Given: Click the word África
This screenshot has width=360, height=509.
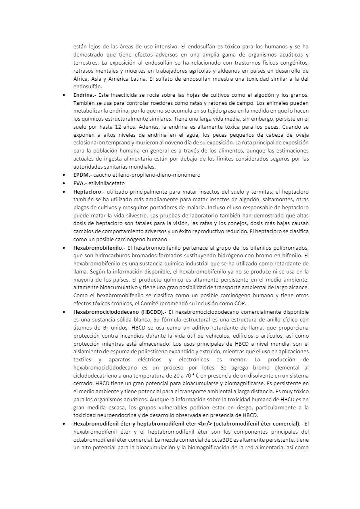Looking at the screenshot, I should pyautogui.click(x=81, y=79).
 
